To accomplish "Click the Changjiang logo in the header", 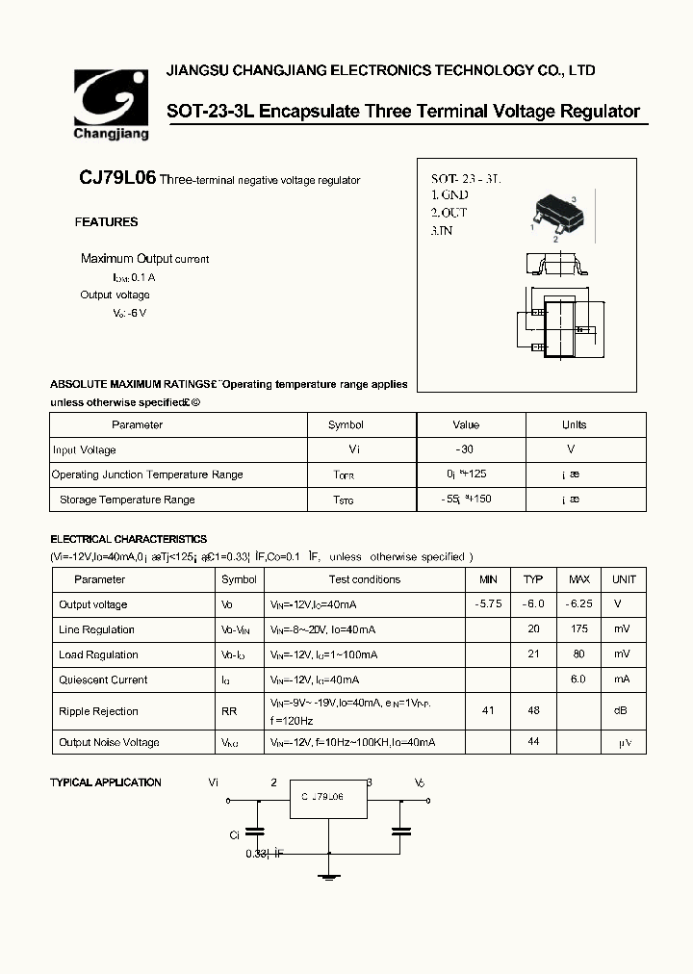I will [x=112, y=104].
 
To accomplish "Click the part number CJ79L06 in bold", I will [x=117, y=180].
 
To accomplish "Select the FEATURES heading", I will [x=106, y=222].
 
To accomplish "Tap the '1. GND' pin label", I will [x=449, y=195].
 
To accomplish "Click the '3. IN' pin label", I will [x=442, y=231].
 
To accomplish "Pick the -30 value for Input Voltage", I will [x=466, y=449].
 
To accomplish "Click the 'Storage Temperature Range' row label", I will [x=127, y=500].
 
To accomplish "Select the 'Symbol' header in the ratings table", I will [x=346, y=424].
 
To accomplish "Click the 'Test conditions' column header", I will [x=364, y=579].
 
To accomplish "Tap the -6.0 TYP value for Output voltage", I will [x=533, y=604].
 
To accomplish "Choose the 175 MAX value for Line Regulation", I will [x=578, y=629].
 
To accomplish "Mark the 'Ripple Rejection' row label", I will [x=98, y=711].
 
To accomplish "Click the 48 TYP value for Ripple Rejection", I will [x=533, y=710].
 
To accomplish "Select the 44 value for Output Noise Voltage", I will [x=533, y=742].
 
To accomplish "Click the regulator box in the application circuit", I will [x=328, y=800].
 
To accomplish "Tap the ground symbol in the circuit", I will [x=329, y=874].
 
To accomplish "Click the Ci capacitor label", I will [x=234, y=835].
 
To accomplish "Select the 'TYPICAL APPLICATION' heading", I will [x=106, y=782].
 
